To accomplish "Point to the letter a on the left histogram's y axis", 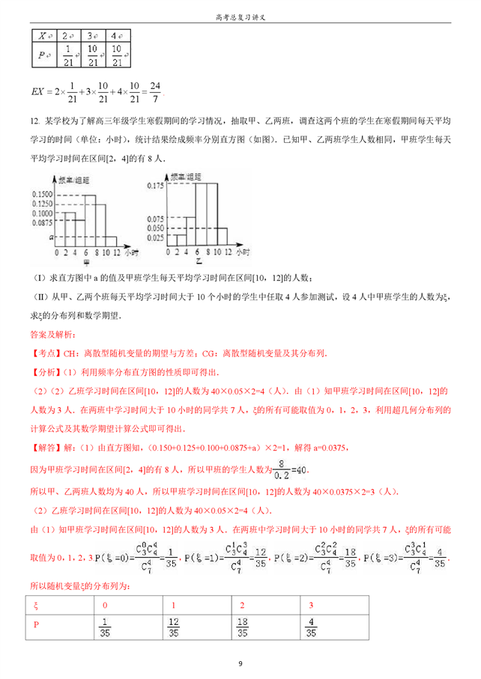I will [49, 236].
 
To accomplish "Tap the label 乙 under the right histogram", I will [199, 262].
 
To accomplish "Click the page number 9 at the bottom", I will [240, 663].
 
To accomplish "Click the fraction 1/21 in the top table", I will [67, 56].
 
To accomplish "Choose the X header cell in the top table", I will [43, 35].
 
